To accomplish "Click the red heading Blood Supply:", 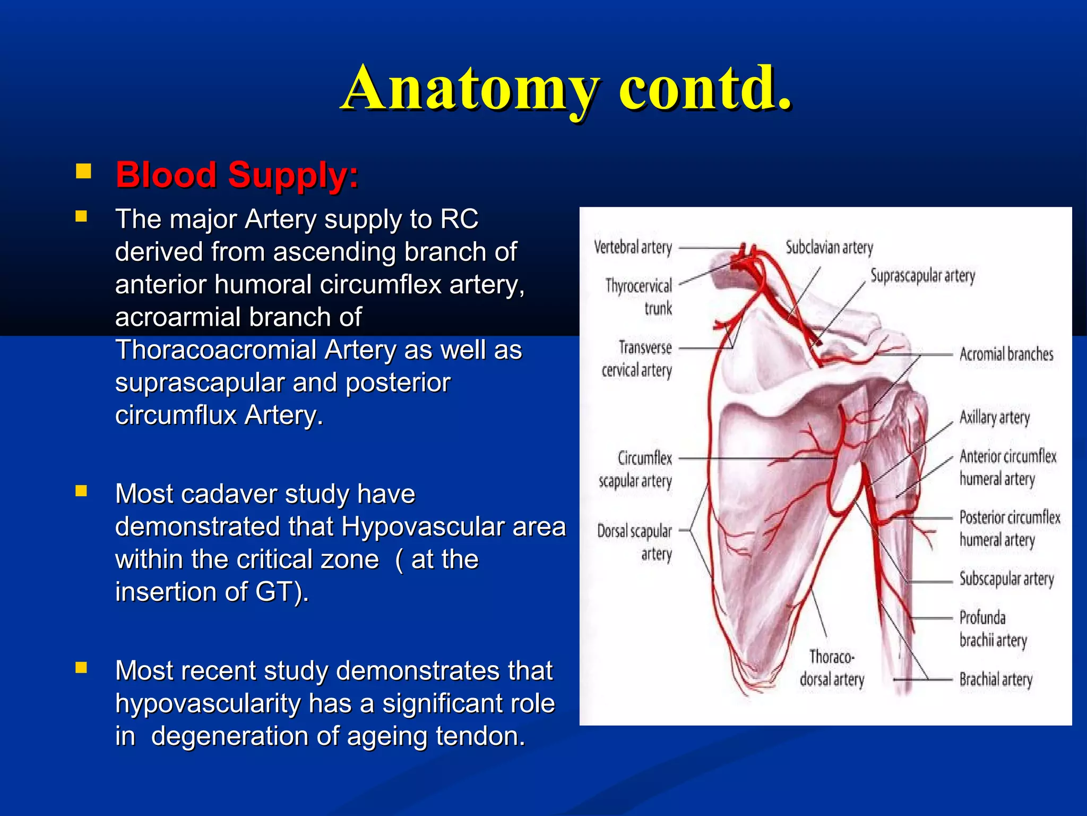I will tap(237, 175).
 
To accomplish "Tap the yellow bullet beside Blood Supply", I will tap(83, 171).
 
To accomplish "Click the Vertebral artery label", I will tap(633, 248).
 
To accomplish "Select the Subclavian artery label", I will tap(829, 248).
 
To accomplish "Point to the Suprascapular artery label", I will tap(922, 276).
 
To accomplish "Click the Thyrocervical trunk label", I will tap(640, 296).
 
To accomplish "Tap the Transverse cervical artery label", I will tap(637, 359).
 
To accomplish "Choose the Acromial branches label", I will tap(1006, 354).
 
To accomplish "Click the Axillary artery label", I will tap(994, 418).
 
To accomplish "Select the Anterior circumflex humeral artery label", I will tap(1007, 467).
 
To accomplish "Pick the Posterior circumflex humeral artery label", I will tap(1009, 528).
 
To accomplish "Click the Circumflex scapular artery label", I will tap(636, 469).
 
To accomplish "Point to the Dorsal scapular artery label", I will tap(635, 542).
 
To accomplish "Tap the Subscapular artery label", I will tap(1006, 579).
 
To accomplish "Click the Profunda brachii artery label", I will tap(993, 629).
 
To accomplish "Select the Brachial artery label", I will tap(996, 679).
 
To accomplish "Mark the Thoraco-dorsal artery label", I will tap(832, 668).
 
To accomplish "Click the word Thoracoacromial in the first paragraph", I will tap(216, 350).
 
